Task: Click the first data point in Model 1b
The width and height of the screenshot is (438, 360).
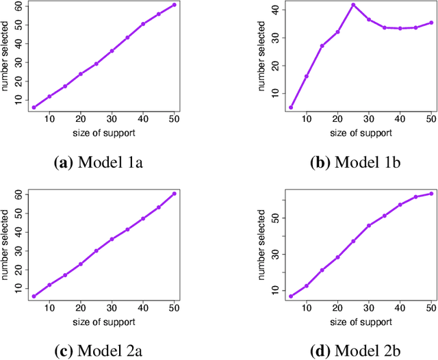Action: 291,107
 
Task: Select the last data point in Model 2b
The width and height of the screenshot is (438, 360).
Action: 430,194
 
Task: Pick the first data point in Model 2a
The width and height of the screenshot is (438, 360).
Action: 34,296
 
